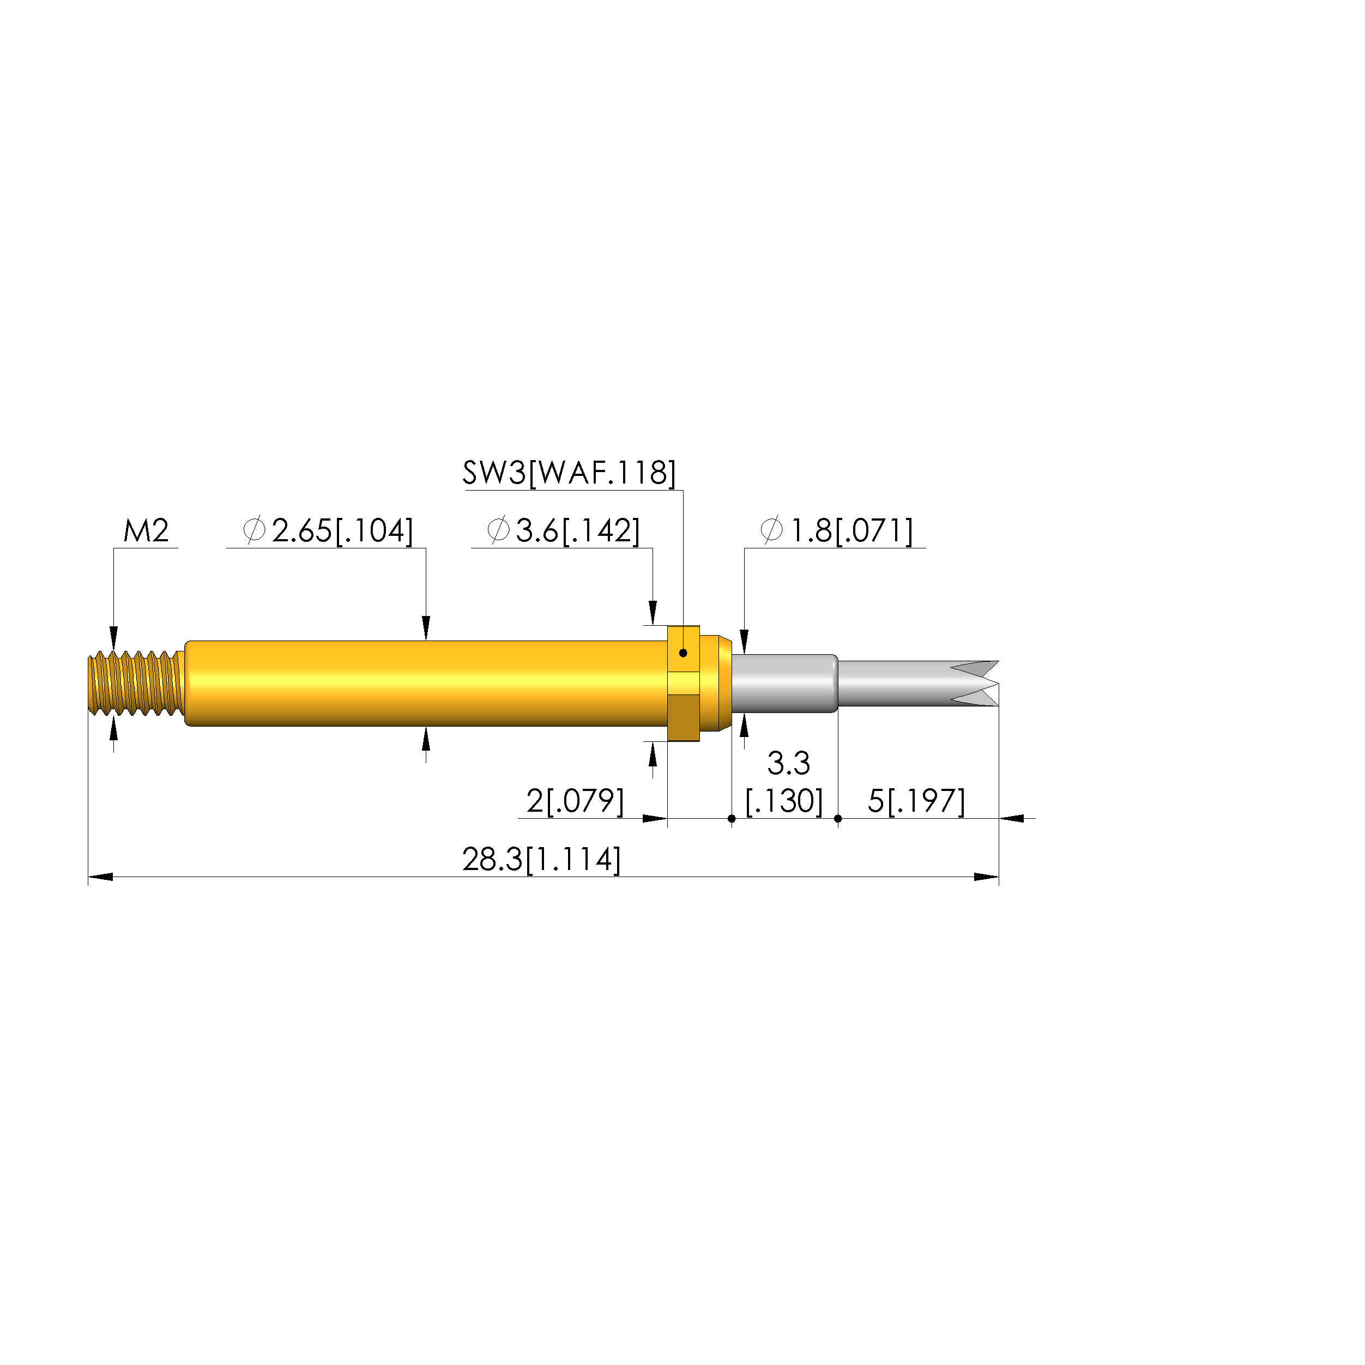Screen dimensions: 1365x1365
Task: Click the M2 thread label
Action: pyautogui.click(x=146, y=530)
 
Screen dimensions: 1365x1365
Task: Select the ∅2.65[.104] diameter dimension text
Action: pyautogui.click(x=328, y=530)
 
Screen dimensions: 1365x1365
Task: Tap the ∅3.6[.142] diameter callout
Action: pyautogui.click(x=564, y=530)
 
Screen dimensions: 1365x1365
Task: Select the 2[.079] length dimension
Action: pyautogui.click(x=575, y=801)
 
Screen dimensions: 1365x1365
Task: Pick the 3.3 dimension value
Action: pyautogui.click(x=788, y=763)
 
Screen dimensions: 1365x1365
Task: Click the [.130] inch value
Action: pyautogui.click(x=784, y=801)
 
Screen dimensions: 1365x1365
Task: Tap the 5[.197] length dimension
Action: pyautogui.click(x=916, y=801)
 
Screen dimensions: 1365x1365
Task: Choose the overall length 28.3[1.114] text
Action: pyautogui.click(x=542, y=860)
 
